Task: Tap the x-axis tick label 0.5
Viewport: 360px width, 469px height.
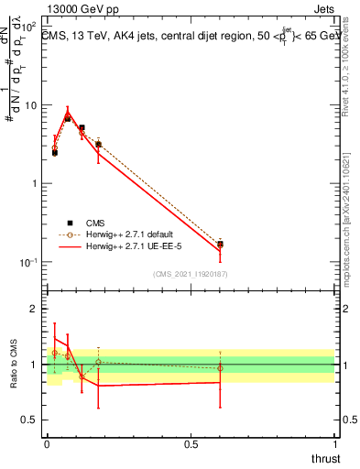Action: (191, 444)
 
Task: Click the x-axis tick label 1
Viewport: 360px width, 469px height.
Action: (335, 444)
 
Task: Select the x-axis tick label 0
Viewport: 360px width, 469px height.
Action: (47, 444)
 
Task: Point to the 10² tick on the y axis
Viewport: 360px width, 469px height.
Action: (31, 28)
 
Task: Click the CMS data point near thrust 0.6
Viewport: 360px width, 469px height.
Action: (220, 244)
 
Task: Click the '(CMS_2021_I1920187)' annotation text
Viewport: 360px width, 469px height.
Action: (191, 273)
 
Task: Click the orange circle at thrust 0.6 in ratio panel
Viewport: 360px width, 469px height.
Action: (220, 368)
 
